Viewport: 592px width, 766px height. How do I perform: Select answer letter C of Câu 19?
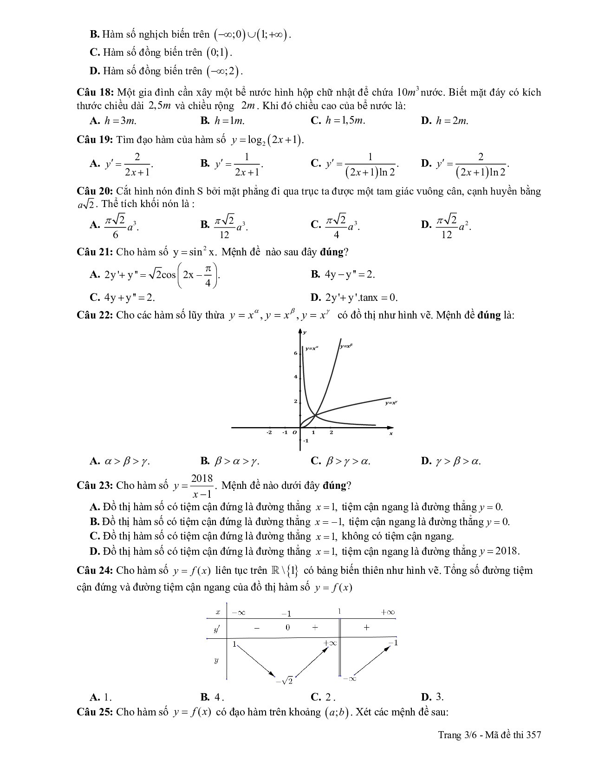316,163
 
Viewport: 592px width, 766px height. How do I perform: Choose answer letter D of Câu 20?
426,225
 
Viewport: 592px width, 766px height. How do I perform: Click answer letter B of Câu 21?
316,274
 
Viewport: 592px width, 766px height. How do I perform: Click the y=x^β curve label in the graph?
346,346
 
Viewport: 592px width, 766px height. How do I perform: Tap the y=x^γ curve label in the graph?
391,403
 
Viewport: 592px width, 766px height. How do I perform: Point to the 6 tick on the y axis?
295,353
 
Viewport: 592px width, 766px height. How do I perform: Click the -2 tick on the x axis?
269,433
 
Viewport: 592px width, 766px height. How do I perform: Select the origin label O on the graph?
293,433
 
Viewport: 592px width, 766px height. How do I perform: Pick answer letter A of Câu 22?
95,461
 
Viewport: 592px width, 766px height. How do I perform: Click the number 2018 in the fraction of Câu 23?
202,478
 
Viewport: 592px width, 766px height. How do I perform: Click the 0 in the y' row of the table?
288,628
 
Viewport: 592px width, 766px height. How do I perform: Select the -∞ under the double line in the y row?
349,679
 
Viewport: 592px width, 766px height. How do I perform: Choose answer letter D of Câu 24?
426,697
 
